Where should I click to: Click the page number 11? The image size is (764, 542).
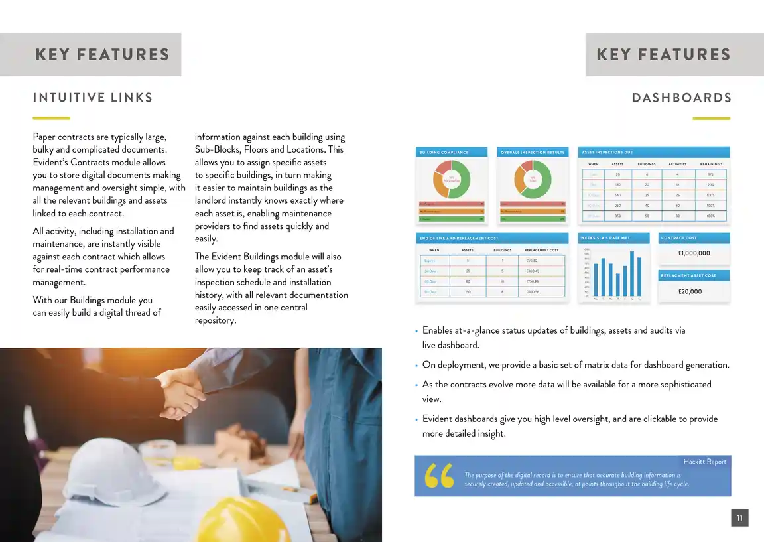(739, 518)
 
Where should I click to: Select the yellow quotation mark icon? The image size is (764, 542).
(439, 476)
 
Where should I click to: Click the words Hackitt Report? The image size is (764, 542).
(705, 462)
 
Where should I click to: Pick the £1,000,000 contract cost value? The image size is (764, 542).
(694, 253)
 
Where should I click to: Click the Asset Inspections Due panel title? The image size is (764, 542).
(607, 153)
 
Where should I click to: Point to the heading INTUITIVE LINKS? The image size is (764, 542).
(93, 98)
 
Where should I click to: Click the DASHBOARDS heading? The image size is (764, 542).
(682, 98)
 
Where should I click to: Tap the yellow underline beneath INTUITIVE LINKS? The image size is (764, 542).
(51, 118)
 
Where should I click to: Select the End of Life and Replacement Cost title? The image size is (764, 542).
(459, 238)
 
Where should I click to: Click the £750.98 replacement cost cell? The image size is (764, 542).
(533, 281)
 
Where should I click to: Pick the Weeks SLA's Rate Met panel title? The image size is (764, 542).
(605, 238)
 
